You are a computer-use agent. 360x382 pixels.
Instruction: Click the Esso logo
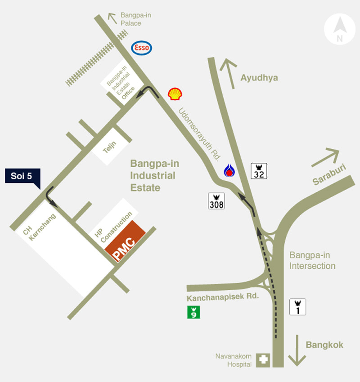[x=141, y=48]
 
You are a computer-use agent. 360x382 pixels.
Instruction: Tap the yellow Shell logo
[x=175, y=93]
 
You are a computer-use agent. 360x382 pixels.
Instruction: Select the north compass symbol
[x=340, y=29]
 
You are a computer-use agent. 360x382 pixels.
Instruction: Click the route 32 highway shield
[x=259, y=171]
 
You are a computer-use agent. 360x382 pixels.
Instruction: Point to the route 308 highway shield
[x=216, y=201]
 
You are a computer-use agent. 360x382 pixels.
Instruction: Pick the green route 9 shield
[x=193, y=312]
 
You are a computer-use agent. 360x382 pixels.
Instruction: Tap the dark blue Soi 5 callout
[x=22, y=176]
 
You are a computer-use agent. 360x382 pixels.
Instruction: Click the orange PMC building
[x=125, y=241]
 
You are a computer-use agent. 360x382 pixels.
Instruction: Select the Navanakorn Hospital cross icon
[x=263, y=360]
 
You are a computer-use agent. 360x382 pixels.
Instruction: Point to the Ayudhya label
[x=259, y=78]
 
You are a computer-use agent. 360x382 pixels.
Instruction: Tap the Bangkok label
[x=324, y=345]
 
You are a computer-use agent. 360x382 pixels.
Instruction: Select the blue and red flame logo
[x=230, y=171]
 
